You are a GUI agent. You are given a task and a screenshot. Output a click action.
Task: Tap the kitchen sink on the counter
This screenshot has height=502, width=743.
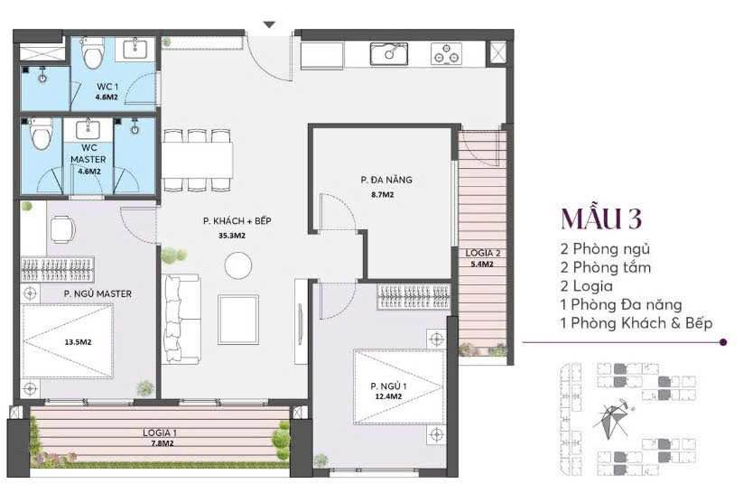click(x=390, y=53)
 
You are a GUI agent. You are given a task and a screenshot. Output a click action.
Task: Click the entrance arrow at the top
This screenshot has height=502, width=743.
click(x=268, y=24)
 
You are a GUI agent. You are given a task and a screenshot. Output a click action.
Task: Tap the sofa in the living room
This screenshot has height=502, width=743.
click(x=181, y=319)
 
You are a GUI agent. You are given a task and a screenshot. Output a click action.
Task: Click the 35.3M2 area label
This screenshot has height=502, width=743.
click(x=225, y=236)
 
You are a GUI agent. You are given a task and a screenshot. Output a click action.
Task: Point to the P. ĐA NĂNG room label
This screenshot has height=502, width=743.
click(x=379, y=180)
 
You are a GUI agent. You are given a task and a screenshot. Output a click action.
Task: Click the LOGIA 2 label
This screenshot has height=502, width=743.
click(x=483, y=253)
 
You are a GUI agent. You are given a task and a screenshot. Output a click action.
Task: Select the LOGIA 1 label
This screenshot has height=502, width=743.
click(x=160, y=432)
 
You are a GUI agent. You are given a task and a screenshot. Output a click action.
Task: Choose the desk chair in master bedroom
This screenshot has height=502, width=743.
click(x=62, y=229)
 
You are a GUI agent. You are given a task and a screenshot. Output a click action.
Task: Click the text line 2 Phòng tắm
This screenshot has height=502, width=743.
click(x=605, y=267)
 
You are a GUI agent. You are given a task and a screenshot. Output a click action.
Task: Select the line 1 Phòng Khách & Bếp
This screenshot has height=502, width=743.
click(x=636, y=322)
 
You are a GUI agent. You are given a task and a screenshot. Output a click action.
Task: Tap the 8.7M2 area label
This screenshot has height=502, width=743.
click(x=382, y=194)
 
